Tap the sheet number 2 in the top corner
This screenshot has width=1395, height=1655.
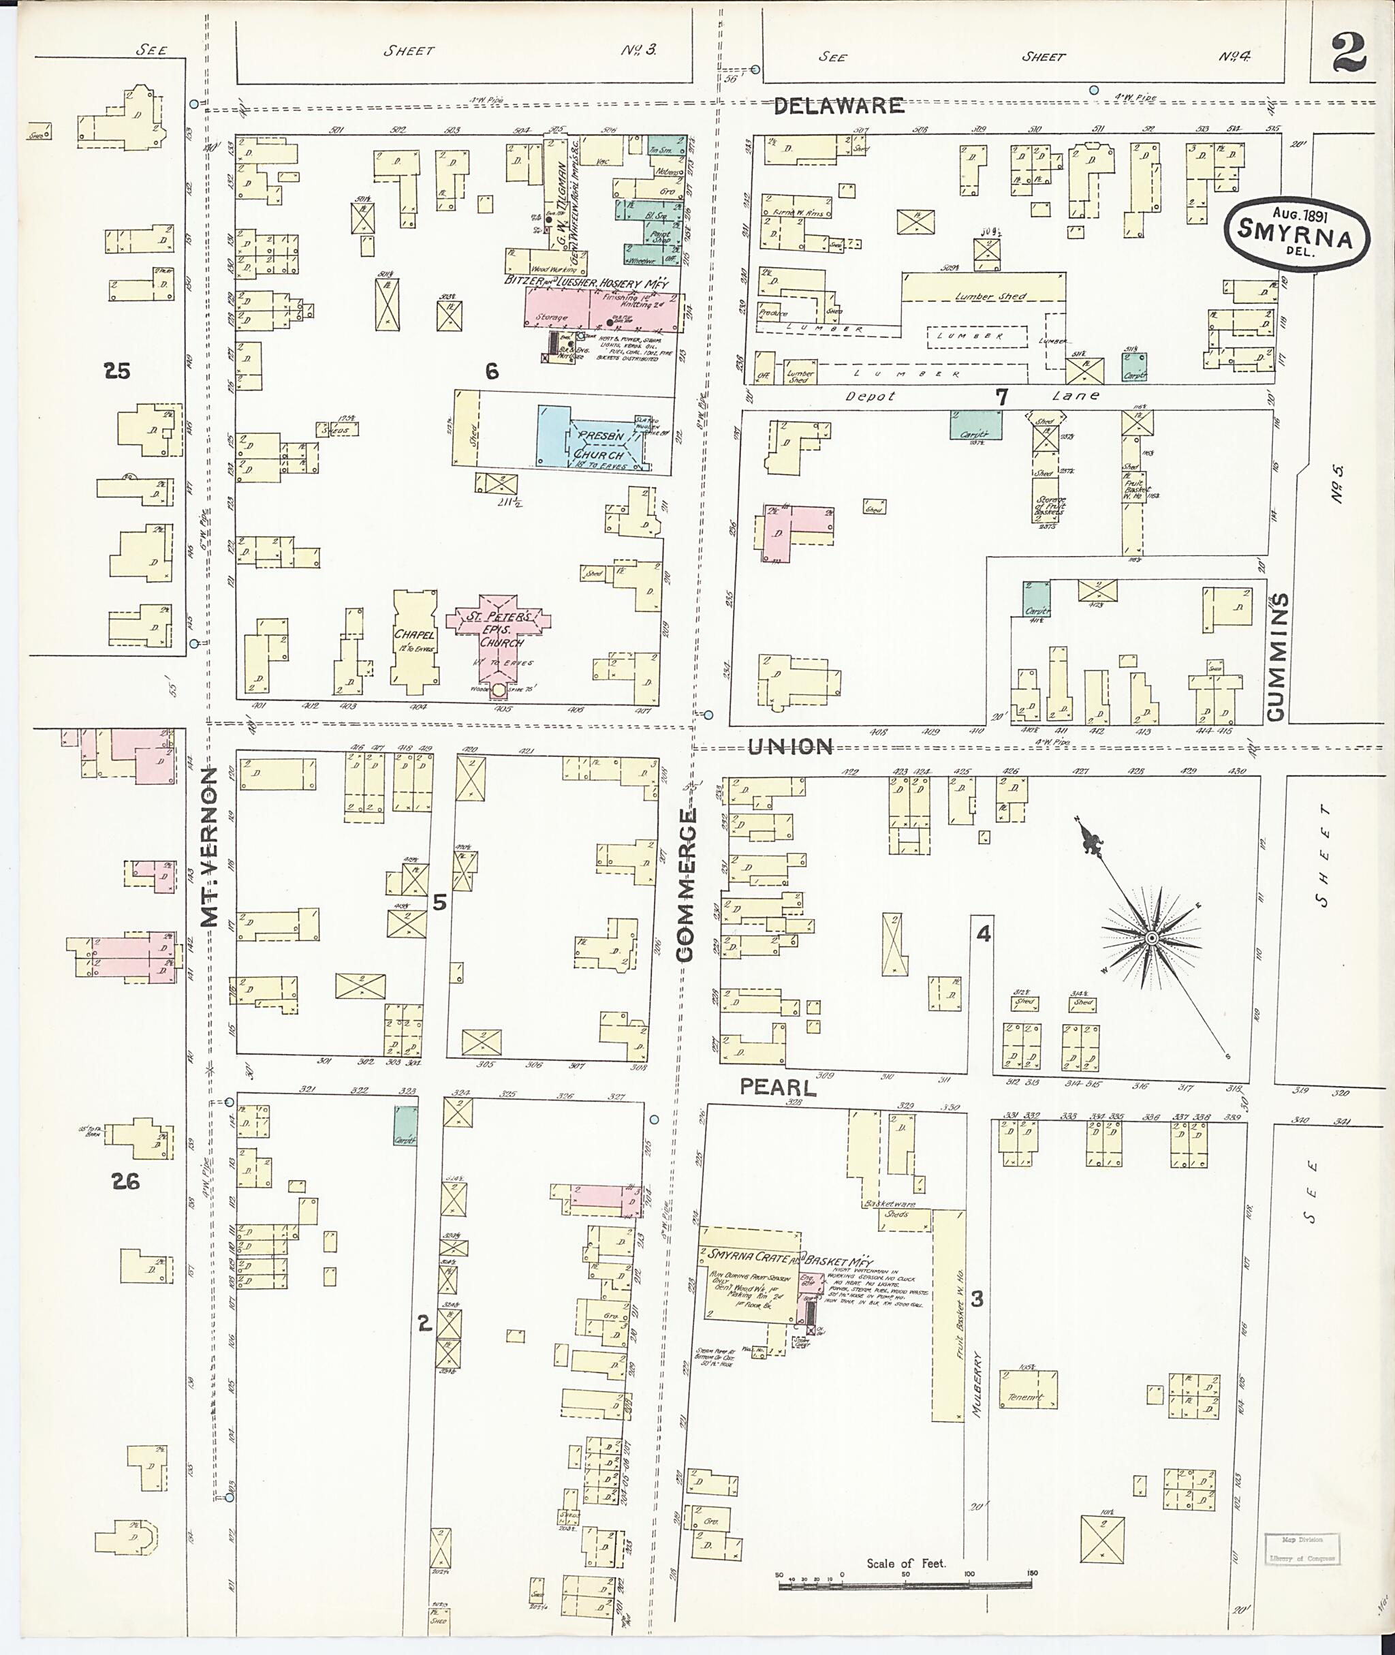pos(1350,54)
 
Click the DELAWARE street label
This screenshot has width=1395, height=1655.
pos(838,105)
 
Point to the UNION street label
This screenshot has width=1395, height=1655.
pos(791,746)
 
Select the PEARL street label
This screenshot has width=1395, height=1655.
pos(777,1087)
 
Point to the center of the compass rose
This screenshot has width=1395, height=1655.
pos(1151,938)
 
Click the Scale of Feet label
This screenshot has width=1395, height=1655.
pos(905,1563)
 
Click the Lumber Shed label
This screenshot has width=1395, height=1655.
pos(990,296)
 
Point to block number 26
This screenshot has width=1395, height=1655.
pos(125,1182)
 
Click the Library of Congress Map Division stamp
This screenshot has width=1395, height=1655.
pos(1302,1549)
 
